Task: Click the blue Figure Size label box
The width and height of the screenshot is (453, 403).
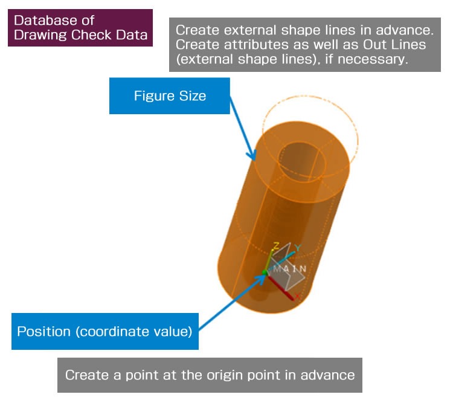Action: point(169,95)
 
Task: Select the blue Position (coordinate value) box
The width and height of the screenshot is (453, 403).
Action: point(104,331)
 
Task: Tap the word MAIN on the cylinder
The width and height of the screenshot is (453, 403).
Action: point(289,269)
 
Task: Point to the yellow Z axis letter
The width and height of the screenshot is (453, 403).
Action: point(275,246)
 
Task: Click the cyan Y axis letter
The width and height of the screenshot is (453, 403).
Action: point(297,248)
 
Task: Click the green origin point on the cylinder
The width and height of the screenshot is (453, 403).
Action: point(265,273)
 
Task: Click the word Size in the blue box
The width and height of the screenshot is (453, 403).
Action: point(193,95)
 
